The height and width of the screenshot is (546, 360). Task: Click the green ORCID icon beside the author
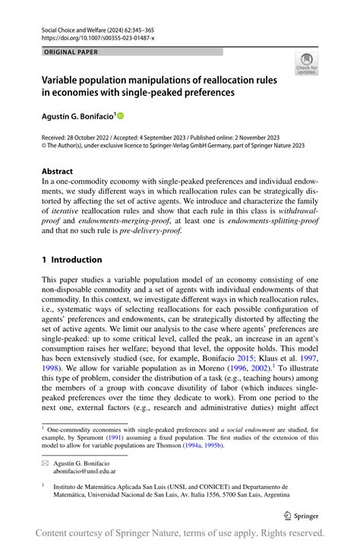click(119, 115)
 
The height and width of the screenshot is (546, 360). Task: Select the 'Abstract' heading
click(58, 172)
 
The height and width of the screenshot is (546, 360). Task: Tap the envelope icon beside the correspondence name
click(46, 462)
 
